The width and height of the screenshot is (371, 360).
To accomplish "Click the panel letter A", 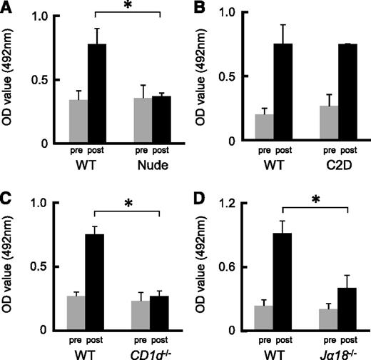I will tap(9, 8).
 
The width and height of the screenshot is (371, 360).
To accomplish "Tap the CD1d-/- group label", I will tap(153, 351).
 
